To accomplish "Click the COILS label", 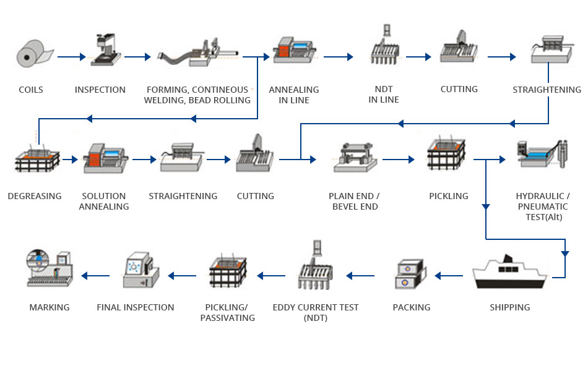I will (x=31, y=90).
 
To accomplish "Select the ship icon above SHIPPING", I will (x=509, y=273).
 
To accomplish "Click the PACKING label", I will (x=412, y=307).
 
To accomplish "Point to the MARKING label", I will (x=50, y=307).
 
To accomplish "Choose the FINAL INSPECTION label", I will (x=136, y=307).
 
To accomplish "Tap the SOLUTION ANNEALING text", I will (x=104, y=201).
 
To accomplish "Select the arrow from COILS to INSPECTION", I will (x=71, y=57).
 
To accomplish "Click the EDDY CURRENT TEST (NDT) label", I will (x=316, y=312).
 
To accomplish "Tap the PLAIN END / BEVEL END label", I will (x=354, y=201).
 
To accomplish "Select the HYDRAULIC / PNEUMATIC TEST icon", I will (x=542, y=154).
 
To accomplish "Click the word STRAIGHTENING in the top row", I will (x=547, y=90).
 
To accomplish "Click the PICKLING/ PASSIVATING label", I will (x=227, y=312).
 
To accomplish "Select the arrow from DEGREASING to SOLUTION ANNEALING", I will (x=71, y=160).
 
